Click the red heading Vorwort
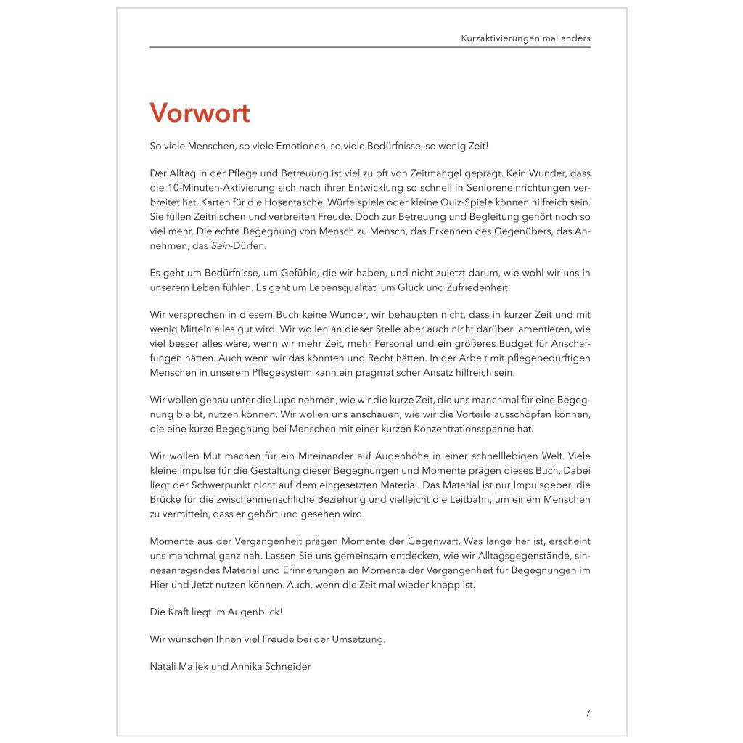click(200, 113)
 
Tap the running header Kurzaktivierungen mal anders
click(525, 38)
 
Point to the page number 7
click(588, 713)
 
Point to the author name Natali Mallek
click(178, 667)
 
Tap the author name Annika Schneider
click(271, 667)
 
